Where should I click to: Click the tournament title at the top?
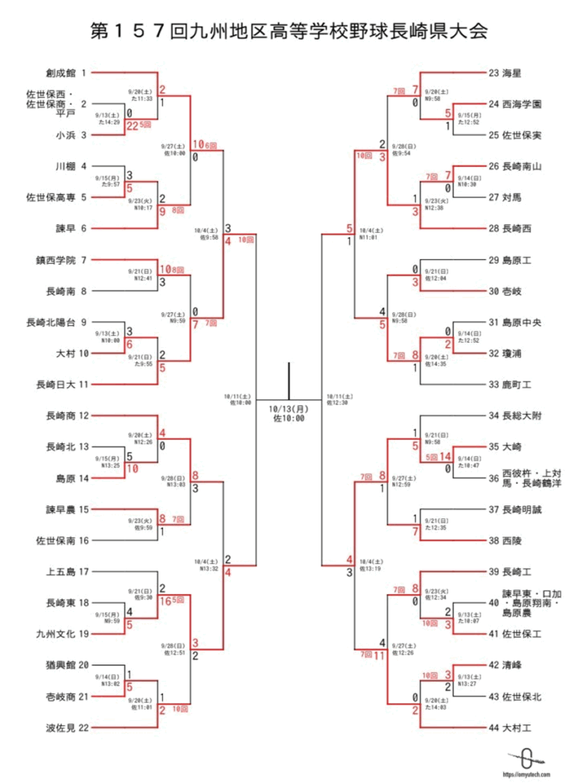tap(289, 31)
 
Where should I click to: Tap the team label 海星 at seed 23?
tap(512, 73)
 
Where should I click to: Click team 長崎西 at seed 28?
tap(518, 228)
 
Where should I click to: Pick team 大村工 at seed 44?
tap(518, 726)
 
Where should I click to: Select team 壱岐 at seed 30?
tap(512, 291)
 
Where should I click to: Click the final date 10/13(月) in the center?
tap(289, 409)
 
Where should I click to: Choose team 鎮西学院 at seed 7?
tap(54, 259)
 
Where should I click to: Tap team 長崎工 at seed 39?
tap(518, 571)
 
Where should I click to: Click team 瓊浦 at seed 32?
tap(512, 353)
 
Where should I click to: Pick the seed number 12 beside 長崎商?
tap(85, 415)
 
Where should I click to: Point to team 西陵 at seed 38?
tap(512, 540)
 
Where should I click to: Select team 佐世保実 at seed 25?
tap(523, 135)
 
